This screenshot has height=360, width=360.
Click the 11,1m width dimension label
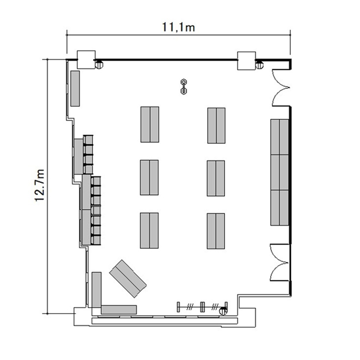(x=179, y=27)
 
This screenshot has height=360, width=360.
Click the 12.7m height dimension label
(x=39, y=185)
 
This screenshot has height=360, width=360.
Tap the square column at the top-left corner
(x=86, y=60)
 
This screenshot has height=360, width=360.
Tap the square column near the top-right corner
(x=246, y=60)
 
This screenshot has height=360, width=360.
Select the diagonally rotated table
(x=128, y=279)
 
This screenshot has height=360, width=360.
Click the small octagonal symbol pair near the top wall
(x=184, y=86)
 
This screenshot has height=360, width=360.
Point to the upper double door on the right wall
(x=281, y=87)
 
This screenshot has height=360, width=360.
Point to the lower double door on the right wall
(x=279, y=263)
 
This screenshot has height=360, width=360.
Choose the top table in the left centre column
(x=150, y=124)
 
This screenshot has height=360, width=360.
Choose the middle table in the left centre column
(x=149, y=178)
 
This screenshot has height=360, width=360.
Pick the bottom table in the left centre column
(x=149, y=230)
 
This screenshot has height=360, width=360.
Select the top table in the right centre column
(x=216, y=126)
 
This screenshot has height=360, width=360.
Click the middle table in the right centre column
(x=216, y=179)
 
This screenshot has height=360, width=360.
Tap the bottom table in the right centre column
(x=216, y=231)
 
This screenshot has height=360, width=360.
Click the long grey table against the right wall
(x=279, y=172)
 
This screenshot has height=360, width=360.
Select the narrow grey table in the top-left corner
(x=75, y=88)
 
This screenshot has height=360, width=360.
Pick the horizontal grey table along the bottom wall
(x=119, y=310)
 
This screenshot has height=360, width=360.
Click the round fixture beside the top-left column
(x=99, y=64)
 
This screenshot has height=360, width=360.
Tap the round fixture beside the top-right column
(x=259, y=65)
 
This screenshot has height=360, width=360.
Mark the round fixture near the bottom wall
(x=223, y=311)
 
